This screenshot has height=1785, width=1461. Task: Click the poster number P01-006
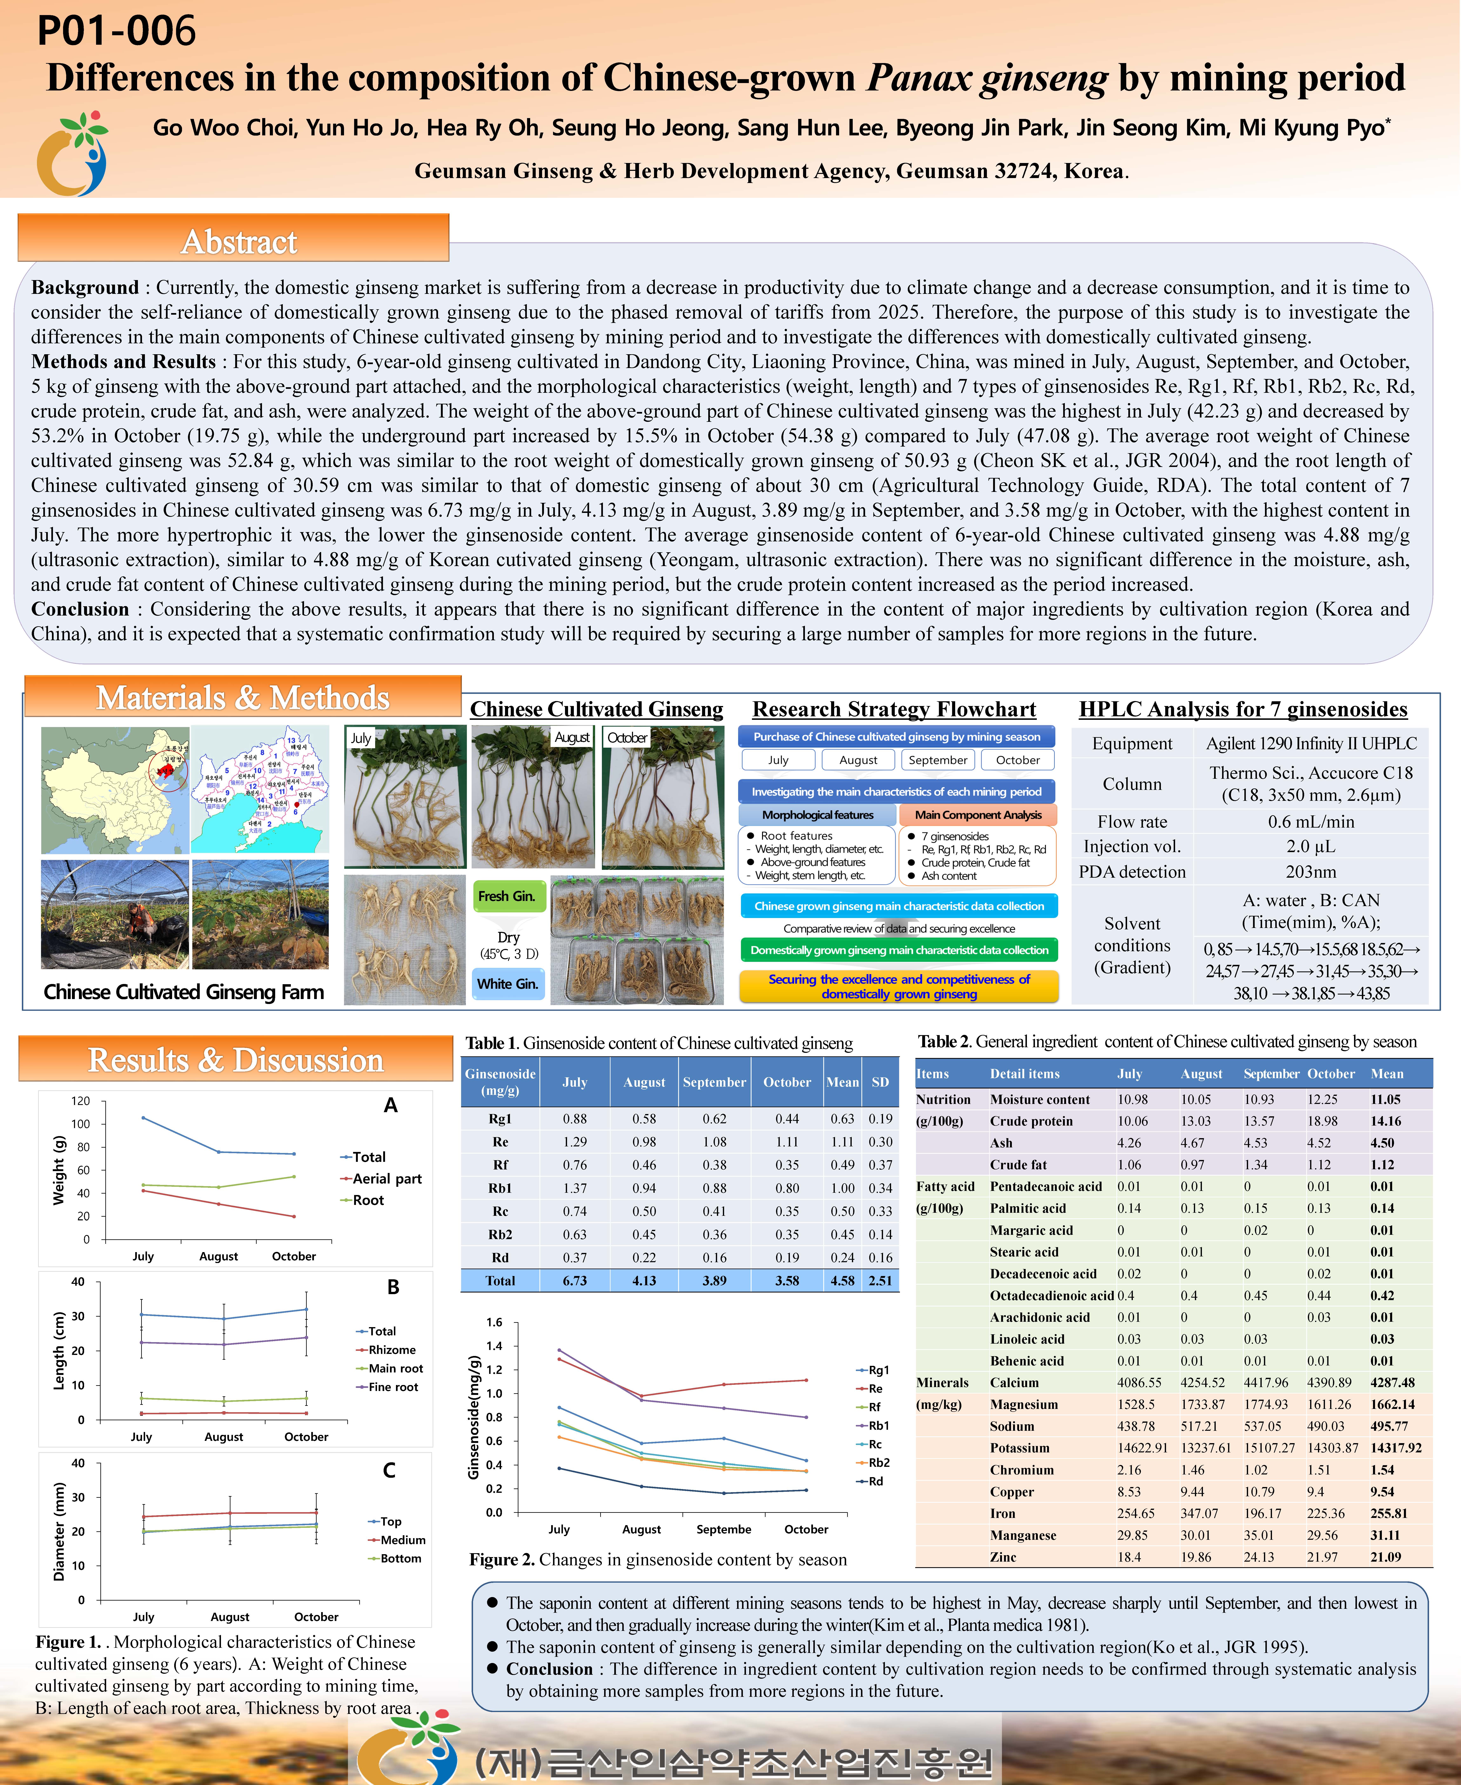click(x=116, y=31)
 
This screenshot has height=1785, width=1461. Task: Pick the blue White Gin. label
click(x=507, y=983)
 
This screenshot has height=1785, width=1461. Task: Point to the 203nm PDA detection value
click(x=1310, y=871)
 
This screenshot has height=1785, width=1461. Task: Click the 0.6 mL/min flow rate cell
click(x=1310, y=822)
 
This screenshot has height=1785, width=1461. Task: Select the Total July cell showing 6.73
click(x=575, y=1280)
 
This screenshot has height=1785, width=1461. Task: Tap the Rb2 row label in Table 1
click(x=500, y=1234)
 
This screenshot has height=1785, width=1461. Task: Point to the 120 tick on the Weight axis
click(x=81, y=1101)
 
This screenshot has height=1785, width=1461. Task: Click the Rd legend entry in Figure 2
click(x=875, y=1481)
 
